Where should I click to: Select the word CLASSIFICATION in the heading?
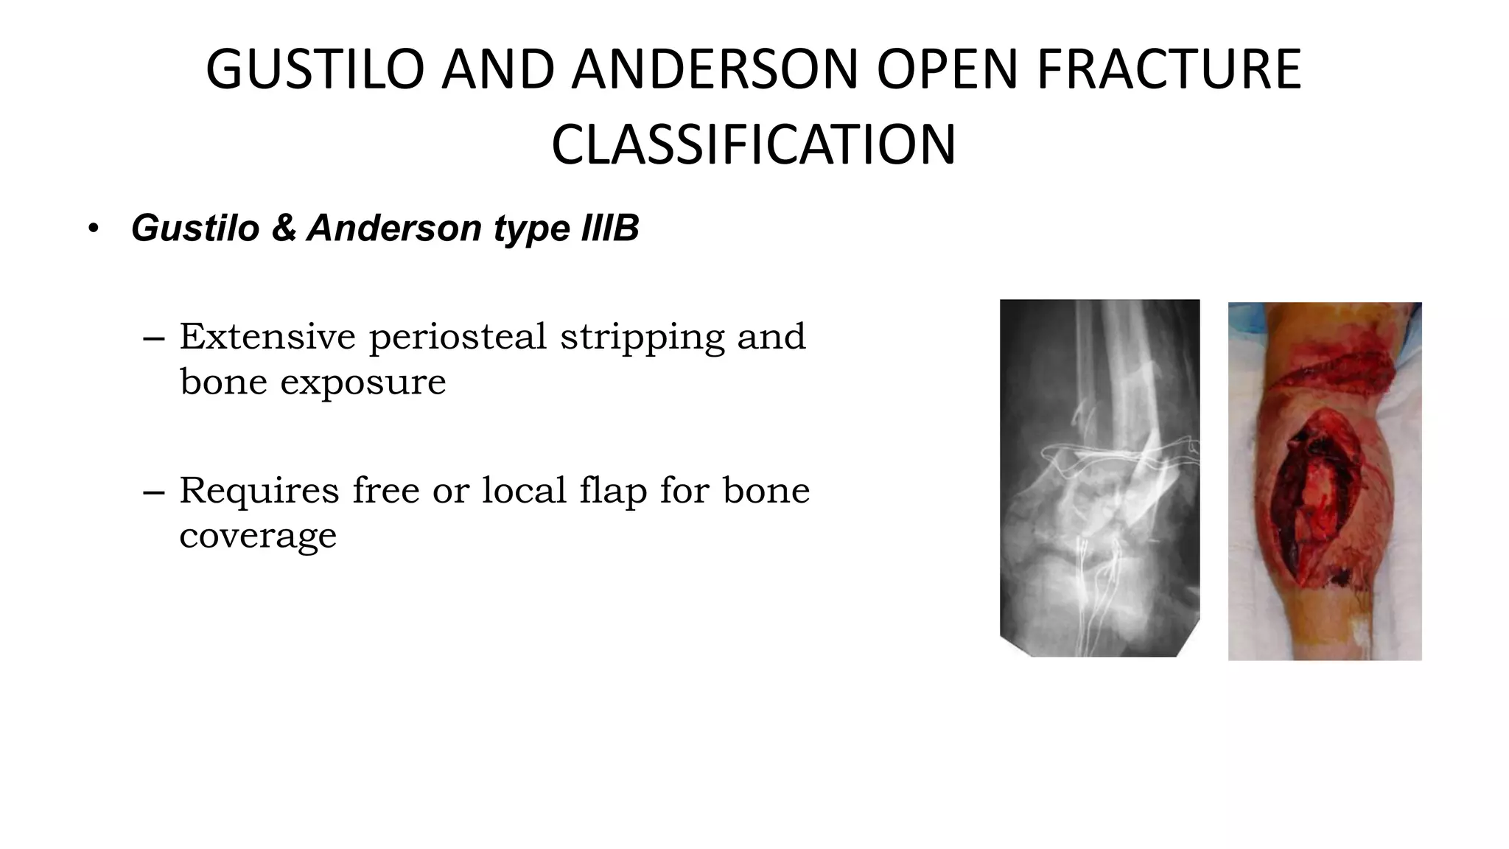pyautogui.click(x=753, y=145)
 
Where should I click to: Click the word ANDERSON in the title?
pyautogui.click(x=714, y=70)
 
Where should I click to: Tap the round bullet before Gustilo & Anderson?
pyautogui.click(x=92, y=228)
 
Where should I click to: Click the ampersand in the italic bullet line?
pyautogui.click(x=284, y=228)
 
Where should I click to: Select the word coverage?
pyautogui.click(x=258, y=537)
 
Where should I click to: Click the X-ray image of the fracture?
pyautogui.click(x=1099, y=478)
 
